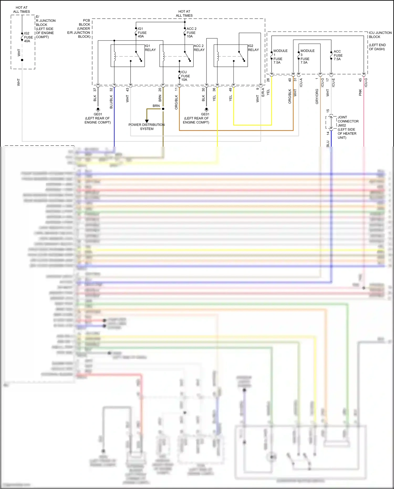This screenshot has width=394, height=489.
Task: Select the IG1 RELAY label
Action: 150,48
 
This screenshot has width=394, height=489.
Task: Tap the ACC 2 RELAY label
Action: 199,48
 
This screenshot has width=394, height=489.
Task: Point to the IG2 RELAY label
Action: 253,48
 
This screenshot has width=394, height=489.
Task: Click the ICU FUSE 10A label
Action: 185,76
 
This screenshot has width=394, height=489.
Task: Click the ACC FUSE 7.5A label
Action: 338,55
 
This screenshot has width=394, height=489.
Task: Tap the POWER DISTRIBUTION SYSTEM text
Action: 147,127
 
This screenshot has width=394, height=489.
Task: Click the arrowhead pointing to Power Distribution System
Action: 147,121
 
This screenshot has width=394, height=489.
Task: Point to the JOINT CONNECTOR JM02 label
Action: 348,121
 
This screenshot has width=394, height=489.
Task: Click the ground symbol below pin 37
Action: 98,109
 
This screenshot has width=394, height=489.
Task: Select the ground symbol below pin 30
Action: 206,109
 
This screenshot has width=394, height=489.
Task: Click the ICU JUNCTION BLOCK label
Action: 380,35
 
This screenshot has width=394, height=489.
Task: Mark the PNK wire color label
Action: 360,92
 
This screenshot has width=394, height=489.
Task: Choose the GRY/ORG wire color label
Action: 317,96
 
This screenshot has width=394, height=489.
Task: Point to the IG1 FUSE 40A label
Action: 142,33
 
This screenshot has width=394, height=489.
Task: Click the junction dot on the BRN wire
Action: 163,109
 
